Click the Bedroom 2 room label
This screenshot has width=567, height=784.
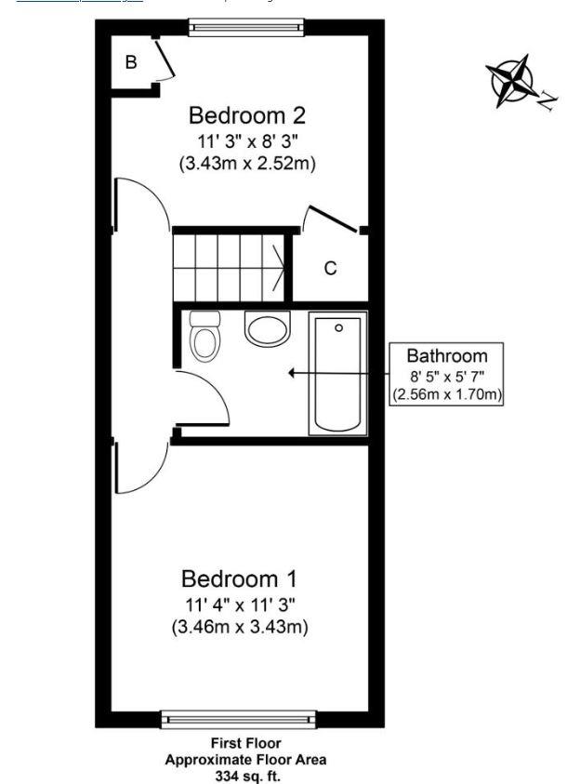[x=246, y=116]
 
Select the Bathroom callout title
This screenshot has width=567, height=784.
[x=447, y=355]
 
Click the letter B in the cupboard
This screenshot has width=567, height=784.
[x=131, y=63]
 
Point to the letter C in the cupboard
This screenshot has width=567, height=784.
[x=329, y=270]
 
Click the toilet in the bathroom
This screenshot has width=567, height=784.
[x=204, y=336]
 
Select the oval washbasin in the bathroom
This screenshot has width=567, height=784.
[x=268, y=328]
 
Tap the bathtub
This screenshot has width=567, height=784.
[x=338, y=373]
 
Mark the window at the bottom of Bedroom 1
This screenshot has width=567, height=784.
[x=240, y=718]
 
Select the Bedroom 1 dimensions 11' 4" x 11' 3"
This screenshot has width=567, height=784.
[x=240, y=605]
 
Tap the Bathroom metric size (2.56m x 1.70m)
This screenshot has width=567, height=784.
[x=447, y=395]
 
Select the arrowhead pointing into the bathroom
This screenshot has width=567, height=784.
[x=293, y=373]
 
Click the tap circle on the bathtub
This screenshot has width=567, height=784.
[x=339, y=327]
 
